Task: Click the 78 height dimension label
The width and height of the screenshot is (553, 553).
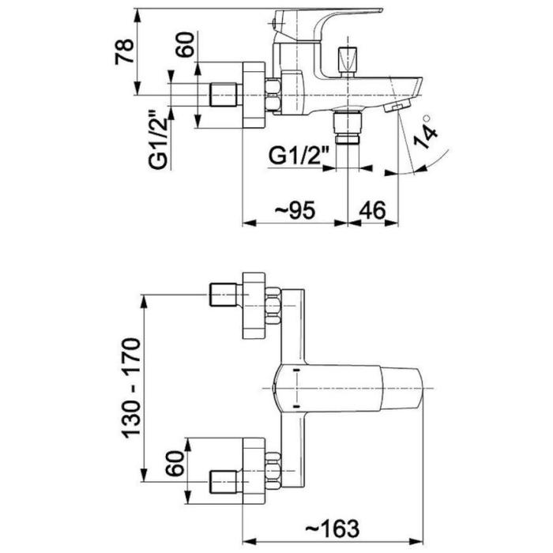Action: coord(125,51)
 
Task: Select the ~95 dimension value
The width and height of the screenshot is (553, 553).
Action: coord(295,211)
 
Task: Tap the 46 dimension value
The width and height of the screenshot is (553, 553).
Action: coord(372,211)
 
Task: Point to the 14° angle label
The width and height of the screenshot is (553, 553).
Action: coord(425,131)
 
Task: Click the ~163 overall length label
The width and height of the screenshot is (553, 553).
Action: coord(333,529)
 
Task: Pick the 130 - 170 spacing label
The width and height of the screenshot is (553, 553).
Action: coord(131,389)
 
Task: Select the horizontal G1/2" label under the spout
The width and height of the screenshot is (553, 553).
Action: coord(299,155)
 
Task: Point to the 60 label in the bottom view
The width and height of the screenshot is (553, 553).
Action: coord(175,464)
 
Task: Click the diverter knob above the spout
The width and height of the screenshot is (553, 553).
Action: coord(347,61)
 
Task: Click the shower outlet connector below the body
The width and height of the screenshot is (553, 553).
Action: coord(348,127)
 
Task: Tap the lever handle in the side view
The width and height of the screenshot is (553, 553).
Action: coord(328,25)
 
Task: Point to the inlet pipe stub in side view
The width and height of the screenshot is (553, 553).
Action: coord(225,95)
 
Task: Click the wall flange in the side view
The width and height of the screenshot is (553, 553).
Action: coord(254,95)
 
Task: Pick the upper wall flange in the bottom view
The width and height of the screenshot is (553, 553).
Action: coord(254,306)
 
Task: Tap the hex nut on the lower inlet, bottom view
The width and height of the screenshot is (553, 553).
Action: coord(273,472)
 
